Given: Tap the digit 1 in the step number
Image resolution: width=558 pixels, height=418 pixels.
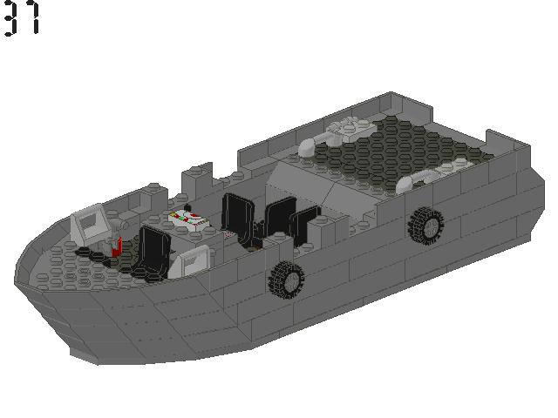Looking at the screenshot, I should pos(33,18).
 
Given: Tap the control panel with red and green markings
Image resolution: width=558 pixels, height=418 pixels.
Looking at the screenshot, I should pos(190,220).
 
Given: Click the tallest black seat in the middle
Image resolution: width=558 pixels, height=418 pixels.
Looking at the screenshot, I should pos(236,217).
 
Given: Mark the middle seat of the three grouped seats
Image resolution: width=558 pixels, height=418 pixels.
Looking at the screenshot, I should pos(279,219).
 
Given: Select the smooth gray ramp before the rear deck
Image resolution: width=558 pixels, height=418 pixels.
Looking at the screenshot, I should pos(305,184).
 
